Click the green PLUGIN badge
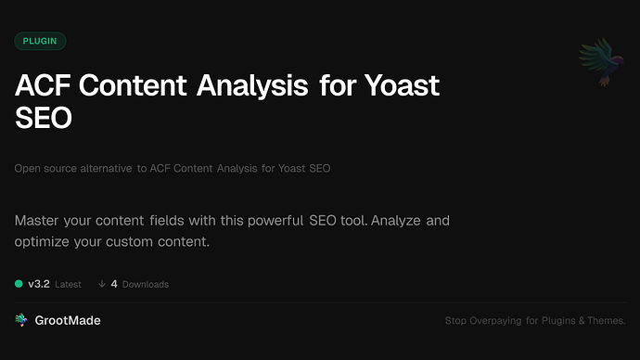coord(40,42)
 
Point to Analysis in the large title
coord(249,86)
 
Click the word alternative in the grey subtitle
coord(104,169)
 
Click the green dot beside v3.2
coord(19,284)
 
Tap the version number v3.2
coord(39,284)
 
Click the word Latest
coord(68,284)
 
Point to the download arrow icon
coord(101,284)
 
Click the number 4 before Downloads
coord(114,284)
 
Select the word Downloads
coord(146,284)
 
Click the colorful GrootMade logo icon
coord(21,320)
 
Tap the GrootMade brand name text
coord(70,320)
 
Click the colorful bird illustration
coord(598,63)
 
